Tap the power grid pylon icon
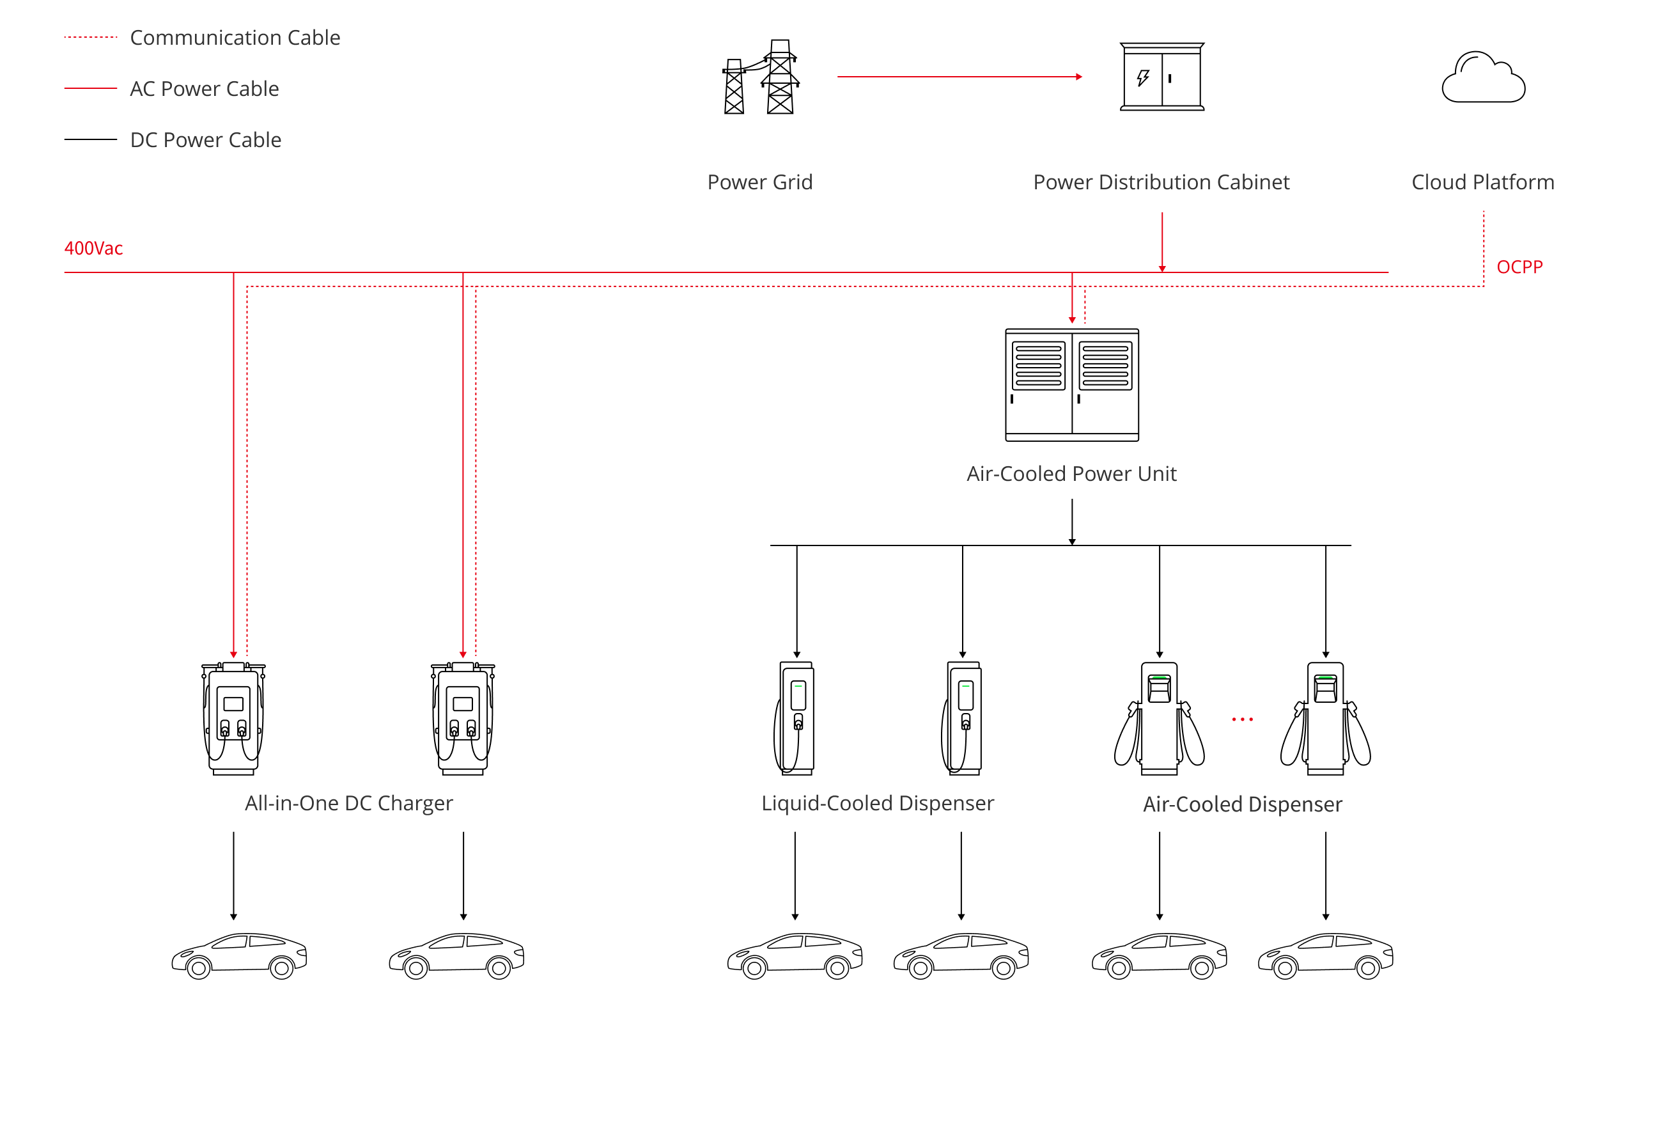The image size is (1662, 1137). pyautogui.click(x=760, y=77)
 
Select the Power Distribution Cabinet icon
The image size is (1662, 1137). pyautogui.click(x=1161, y=77)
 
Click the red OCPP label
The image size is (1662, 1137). pyautogui.click(x=1519, y=267)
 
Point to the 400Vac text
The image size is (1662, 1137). pyautogui.click(x=94, y=248)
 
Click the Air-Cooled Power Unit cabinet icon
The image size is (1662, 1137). pyautogui.click(x=1071, y=385)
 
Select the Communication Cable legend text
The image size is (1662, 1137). pyautogui.click(x=235, y=37)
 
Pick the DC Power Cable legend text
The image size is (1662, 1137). pyautogui.click(x=205, y=139)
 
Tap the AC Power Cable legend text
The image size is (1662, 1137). pyautogui.click(x=204, y=89)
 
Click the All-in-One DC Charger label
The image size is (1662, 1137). pyautogui.click(x=348, y=803)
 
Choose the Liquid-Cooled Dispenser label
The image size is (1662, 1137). pyautogui.click(x=878, y=803)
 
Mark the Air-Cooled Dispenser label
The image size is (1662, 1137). pyautogui.click(x=1242, y=804)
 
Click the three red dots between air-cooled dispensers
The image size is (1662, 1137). pyautogui.click(x=1242, y=719)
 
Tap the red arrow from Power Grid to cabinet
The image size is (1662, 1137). pyautogui.click(x=959, y=77)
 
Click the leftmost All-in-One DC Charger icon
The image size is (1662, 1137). pyautogui.click(x=233, y=718)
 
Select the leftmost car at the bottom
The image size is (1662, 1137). pyautogui.click(x=239, y=955)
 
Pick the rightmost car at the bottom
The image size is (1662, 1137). pyautogui.click(x=1325, y=955)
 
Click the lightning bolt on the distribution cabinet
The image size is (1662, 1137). pyautogui.click(x=1143, y=77)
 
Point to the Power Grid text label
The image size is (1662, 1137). pyautogui.click(x=759, y=182)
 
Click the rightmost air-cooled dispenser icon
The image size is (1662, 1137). pyautogui.click(x=1325, y=718)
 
